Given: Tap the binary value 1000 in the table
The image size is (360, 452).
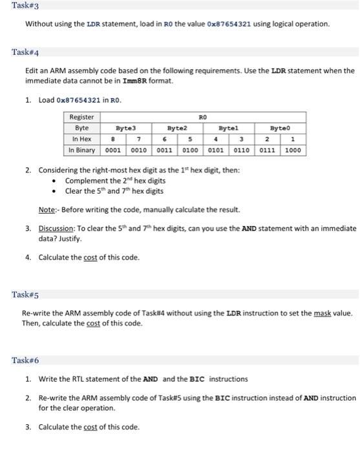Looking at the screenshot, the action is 293,150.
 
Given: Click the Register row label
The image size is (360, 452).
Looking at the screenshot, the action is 81,118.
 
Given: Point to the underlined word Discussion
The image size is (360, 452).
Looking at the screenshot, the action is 57,228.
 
